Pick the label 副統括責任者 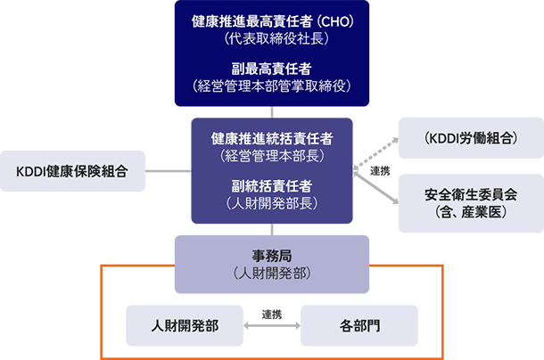tap(272, 185)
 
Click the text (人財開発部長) tap(272, 203)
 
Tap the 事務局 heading tap(272, 255)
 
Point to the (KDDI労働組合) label tap(472, 138)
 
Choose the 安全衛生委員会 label tap(471, 194)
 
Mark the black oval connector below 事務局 tap(272, 311)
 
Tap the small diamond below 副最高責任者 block tap(272, 111)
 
